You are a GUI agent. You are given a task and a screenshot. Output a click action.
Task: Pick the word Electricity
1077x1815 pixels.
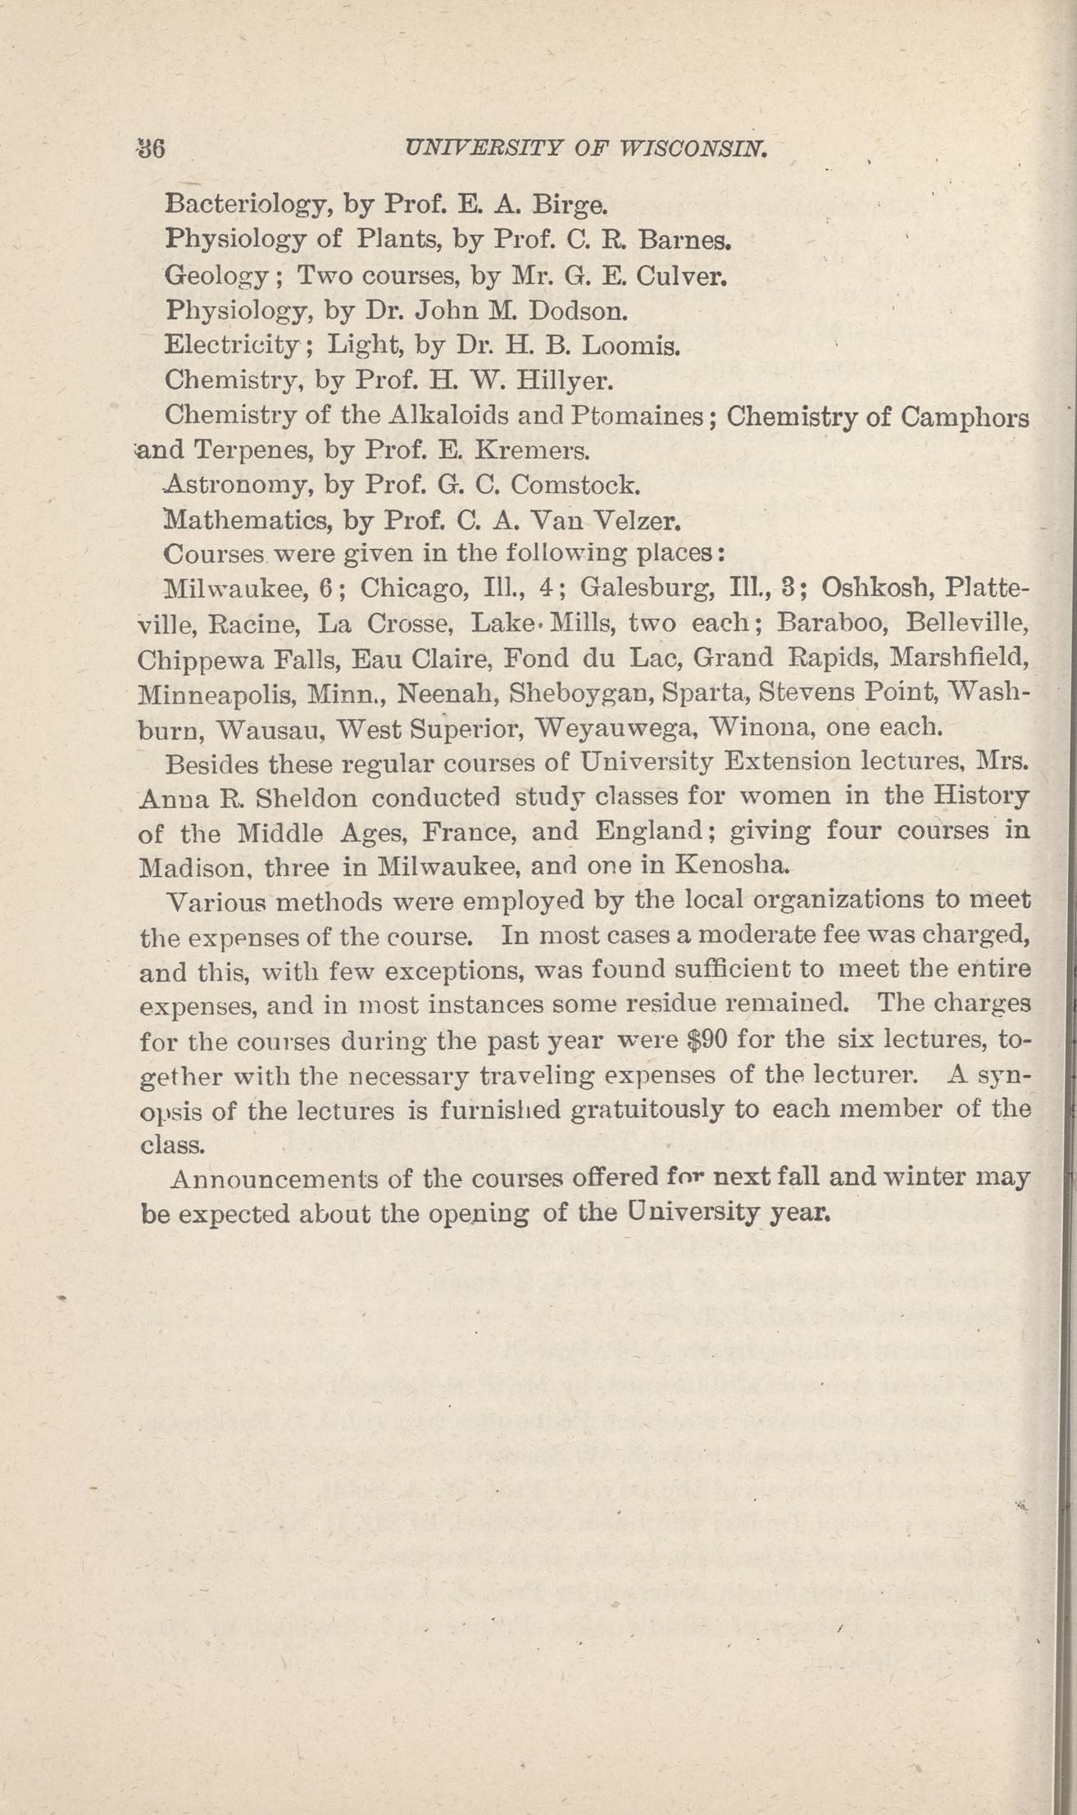tap(234, 346)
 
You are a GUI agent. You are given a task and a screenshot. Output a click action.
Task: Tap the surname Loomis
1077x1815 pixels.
tap(630, 346)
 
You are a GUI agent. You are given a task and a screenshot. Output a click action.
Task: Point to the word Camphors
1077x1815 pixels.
tap(965, 416)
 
